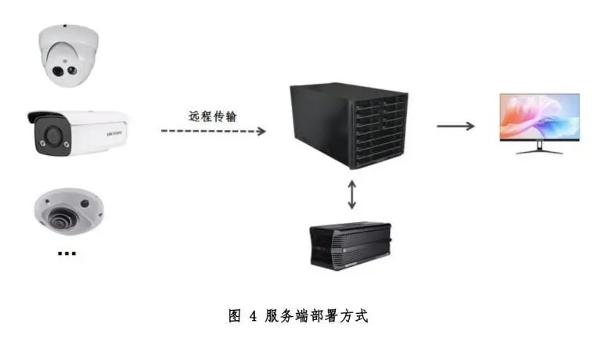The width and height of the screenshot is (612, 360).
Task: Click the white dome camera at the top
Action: [x=68, y=56]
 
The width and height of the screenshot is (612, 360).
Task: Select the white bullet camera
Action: [x=78, y=134]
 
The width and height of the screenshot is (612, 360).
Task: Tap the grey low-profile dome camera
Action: [x=69, y=211]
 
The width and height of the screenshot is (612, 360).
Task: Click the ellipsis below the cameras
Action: [x=67, y=254]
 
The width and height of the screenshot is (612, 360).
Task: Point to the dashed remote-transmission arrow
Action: [x=214, y=131]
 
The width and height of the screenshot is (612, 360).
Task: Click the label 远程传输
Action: [x=213, y=117]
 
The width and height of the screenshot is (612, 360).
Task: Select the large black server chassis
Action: [x=349, y=126]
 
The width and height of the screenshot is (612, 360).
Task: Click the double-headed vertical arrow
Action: [x=351, y=194]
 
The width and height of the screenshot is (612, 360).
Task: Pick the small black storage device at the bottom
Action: [x=351, y=246]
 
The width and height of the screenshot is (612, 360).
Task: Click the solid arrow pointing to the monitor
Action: [x=455, y=126]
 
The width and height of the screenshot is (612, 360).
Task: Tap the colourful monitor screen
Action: [x=539, y=117]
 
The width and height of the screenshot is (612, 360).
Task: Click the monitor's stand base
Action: [x=539, y=152]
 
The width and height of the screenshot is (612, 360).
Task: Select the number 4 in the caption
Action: [x=254, y=316]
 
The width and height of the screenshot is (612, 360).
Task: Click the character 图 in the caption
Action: [x=235, y=316]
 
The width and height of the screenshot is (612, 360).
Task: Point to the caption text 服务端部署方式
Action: [x=316, y=316]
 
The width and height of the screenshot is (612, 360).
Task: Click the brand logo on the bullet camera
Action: [x=114, y=133]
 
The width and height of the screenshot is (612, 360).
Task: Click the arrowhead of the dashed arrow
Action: [x=261, y=131]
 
